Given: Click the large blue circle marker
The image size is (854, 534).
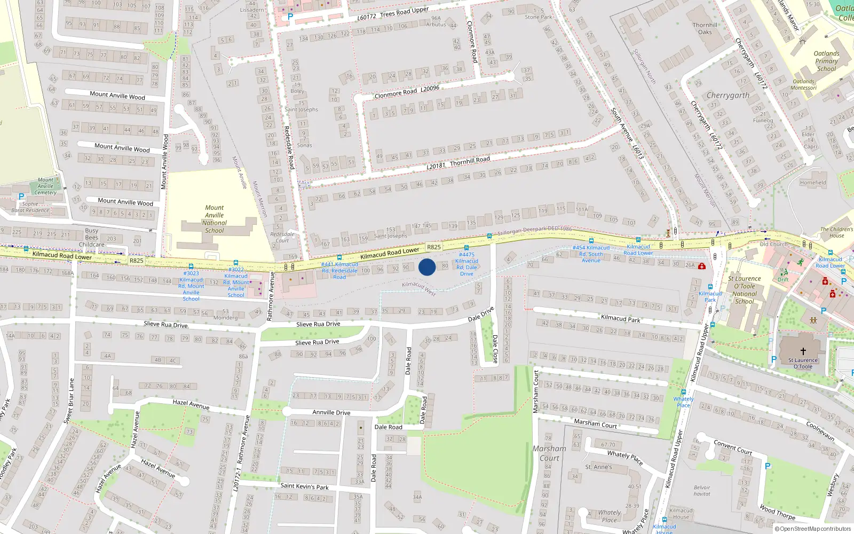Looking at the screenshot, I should (427, 267).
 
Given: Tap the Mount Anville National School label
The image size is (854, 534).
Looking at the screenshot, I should (215, 219).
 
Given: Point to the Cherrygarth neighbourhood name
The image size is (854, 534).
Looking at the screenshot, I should (728, 96).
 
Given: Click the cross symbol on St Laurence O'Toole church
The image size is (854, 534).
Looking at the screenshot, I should (803, 351).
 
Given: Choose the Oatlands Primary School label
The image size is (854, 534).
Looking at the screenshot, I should (826, 61).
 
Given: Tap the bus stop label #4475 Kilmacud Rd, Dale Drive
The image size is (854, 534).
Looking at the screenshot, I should (466, 264).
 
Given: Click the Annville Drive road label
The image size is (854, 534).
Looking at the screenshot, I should (331, 412).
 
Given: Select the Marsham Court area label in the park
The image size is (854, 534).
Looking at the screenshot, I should (549, 453).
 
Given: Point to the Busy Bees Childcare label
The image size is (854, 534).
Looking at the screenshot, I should (92, 238).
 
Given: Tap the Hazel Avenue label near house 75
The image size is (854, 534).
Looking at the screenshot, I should (191, 404).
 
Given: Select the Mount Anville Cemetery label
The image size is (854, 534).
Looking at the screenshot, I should (45, 186).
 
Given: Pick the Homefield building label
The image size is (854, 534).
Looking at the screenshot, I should (812, 183).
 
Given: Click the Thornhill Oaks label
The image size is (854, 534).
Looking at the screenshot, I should (705, 28).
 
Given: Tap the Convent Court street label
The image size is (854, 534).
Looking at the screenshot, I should (733, 446).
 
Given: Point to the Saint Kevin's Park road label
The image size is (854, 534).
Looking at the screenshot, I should (305, 486).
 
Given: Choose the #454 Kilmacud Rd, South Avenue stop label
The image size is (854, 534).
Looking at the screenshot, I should (591, 254).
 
